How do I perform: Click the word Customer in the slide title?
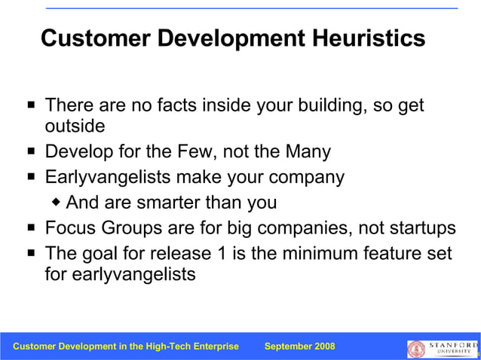pyautogui.click(x=91, y=38)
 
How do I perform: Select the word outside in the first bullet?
pyautogui.click(x=75, y=125)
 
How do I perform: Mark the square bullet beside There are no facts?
pyautogui.click(x=29, y=105)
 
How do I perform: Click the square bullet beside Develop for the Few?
pyautogui.click(x=29, y=151)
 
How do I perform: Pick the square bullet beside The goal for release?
pyautogui.click(x=29, y=253)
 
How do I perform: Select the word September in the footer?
pyautogui.click(x=286, y=346)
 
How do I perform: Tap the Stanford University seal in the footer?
pyautogui.click(x=416, y=348)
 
